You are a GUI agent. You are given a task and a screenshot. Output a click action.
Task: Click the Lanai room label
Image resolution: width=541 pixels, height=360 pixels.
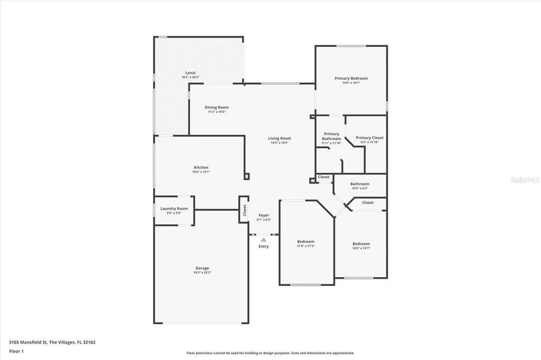tap(190, 72)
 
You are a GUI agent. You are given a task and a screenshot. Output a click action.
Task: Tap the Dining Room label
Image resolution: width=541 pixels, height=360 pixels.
tap(217, 107)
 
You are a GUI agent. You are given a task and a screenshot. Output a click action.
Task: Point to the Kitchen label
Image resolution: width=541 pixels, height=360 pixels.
tap(201, 167)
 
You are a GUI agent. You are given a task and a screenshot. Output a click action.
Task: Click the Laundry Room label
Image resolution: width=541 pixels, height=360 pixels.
tap(174, 209)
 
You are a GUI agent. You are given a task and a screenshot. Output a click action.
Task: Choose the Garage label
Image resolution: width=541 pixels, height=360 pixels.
tap(202, 268)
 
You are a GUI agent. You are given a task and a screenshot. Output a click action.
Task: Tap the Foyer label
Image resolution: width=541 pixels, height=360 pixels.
tap(264, 215)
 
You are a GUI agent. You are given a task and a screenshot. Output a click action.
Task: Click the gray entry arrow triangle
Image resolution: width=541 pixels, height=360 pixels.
tap(264, 240)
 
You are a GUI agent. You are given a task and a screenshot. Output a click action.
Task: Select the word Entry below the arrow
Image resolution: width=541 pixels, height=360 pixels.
tap(264, 247)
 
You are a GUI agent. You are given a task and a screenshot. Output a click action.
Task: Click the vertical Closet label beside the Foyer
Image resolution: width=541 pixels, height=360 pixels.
tap(245, 210)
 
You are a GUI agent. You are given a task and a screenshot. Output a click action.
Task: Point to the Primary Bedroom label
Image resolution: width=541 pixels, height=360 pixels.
tap(351, 78)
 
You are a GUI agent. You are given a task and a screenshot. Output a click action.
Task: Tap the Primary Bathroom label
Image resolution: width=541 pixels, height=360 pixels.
tap(331, 136)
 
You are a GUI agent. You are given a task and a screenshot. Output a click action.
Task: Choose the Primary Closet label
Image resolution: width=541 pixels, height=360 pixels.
tap(369, 138)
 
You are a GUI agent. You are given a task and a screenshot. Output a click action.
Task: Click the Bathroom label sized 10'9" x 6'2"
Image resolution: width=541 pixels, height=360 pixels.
tap(359, 184)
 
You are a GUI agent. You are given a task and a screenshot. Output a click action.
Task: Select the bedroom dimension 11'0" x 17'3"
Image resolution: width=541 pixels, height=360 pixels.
tap(305, 246)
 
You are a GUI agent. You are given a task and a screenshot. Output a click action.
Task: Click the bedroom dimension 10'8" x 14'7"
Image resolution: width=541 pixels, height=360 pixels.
tap(361, 248)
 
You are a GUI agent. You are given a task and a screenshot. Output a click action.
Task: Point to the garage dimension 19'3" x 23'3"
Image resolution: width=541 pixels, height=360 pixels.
tap(202, 273)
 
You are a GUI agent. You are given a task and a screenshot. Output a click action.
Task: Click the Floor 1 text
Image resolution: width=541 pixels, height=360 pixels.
tap(16, 351)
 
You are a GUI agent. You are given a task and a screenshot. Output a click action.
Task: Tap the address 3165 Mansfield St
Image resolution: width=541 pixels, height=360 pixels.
tap(28, 342)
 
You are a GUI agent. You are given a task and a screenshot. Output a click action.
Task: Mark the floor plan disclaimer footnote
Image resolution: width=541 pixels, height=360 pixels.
tap(270, 353)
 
